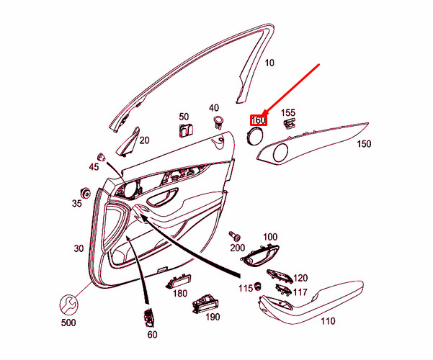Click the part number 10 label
(x=269, y=63)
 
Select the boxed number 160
(x=258, y=120)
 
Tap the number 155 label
(x=287, y=112)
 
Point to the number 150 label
(x=365, y=144)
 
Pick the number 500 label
(x=68, y=323)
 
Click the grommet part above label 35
(x=84, y=192)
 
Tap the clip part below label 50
(x=185, y=130)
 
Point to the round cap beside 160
(x=256, y=136)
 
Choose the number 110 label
(x=328, y=321)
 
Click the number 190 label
(x=213, y=317)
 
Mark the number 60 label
(x=152, y=335)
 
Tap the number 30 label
(x=79, y=248)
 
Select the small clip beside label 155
(x=290, y=124)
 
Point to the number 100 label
(x=269, y=237)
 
